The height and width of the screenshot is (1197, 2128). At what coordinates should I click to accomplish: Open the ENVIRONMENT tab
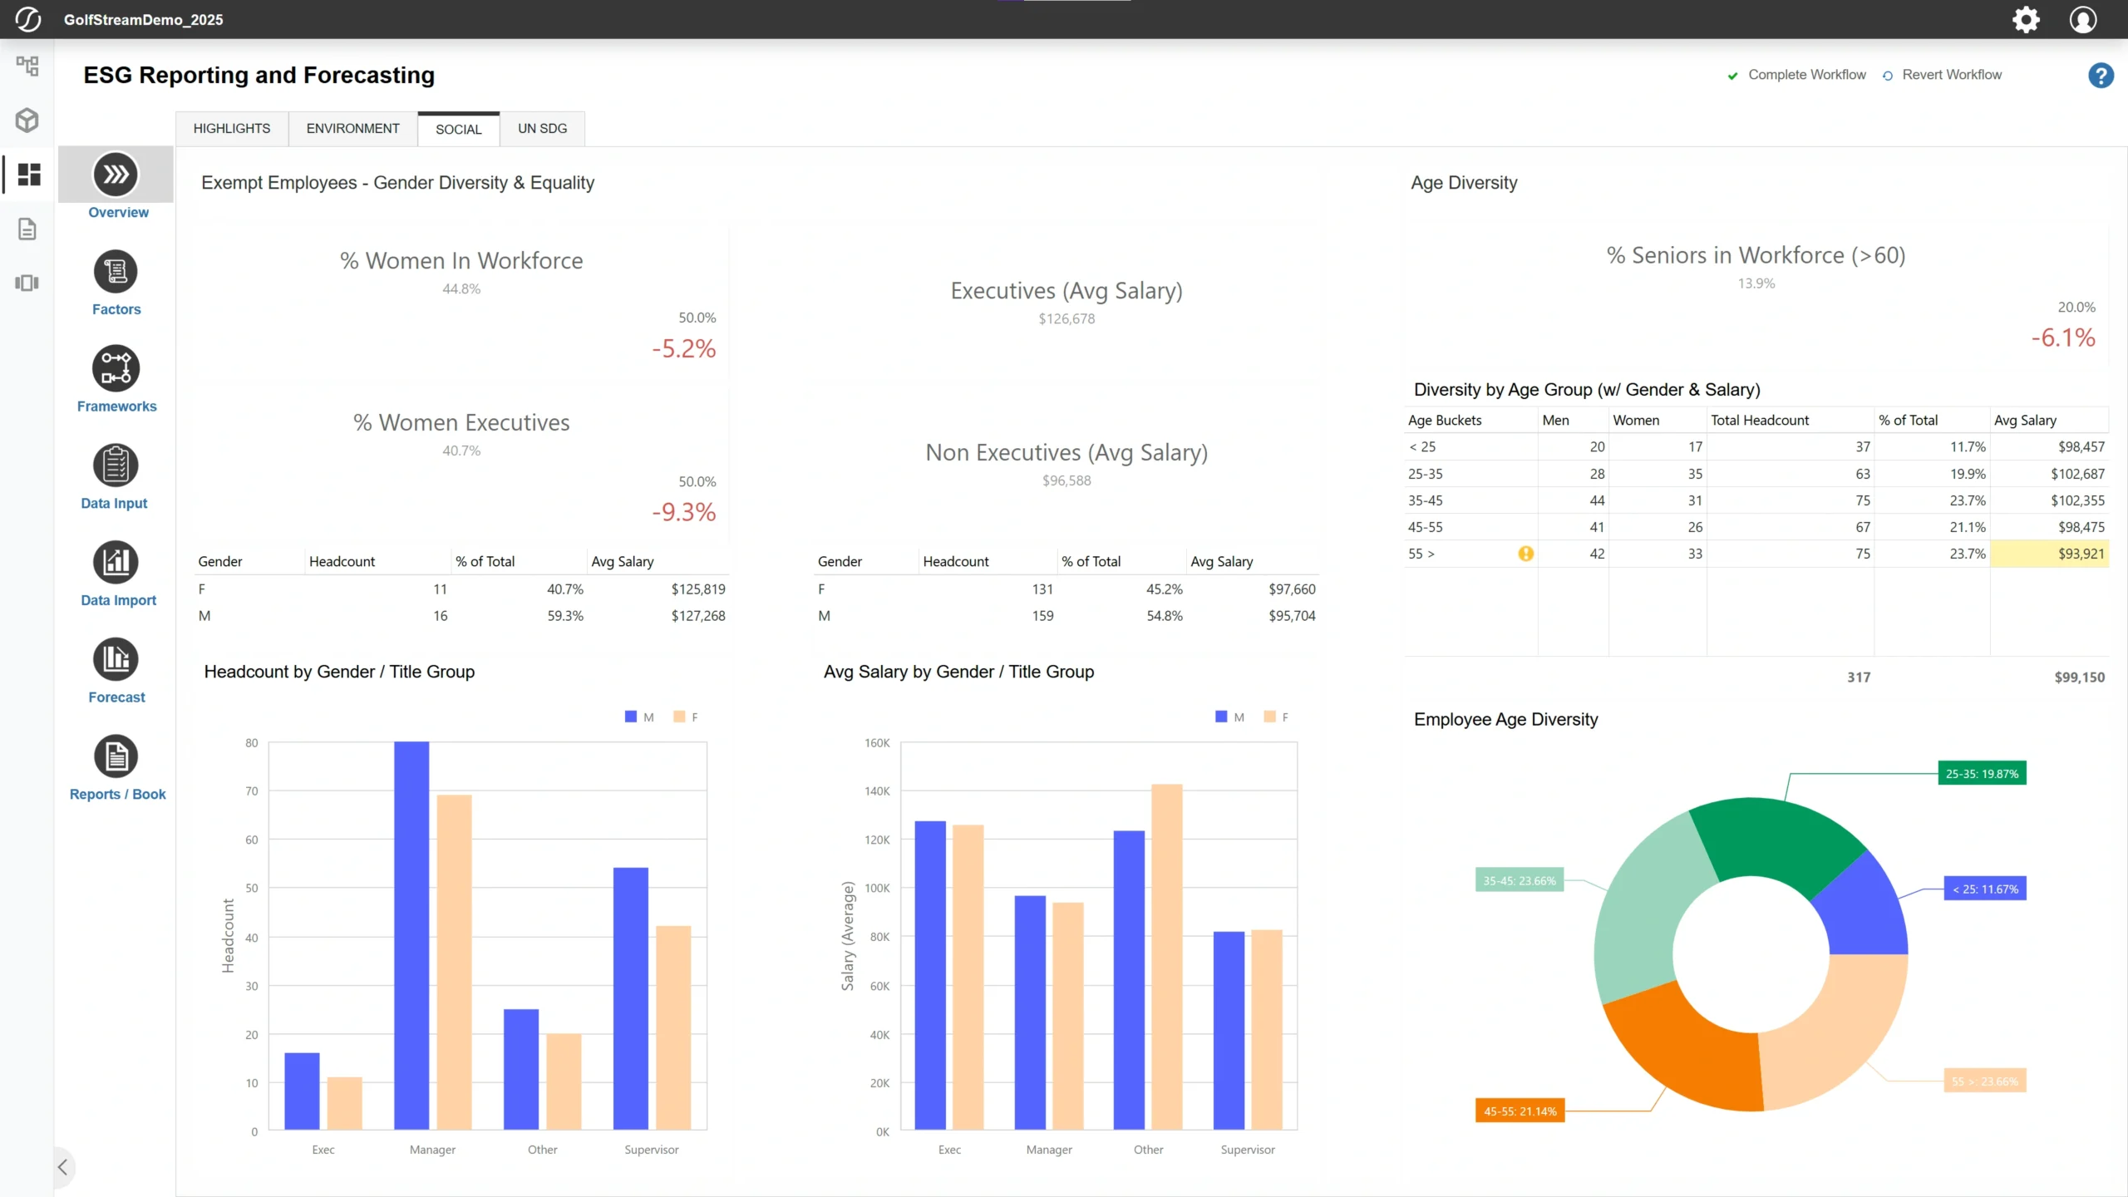pyautogui.click(x=352, y=129)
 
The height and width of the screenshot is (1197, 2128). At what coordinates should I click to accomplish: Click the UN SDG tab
pyautogui.click(x=542, y=129)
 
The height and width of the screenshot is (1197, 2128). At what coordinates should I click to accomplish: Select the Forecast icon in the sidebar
pyautogui.click(x=116, y=660)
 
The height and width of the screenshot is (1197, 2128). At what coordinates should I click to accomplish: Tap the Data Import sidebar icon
pyautogui.click(x=116, y=563)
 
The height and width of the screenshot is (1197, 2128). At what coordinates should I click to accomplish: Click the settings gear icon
pyautogui.click(x=2026, y=19)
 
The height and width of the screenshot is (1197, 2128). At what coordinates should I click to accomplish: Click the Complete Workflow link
pyautogui.click(x=1806, y=75)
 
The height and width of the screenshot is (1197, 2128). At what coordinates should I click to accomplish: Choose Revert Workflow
pyautogui.click(x=1951, y=75)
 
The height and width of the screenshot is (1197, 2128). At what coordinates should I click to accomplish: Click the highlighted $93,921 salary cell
pyautogui.click(x=2050, y=554)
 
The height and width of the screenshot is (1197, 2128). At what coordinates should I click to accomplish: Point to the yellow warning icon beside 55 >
pyautogui.click(x=1525, y=554)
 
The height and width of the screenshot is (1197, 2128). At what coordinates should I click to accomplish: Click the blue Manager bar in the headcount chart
pyautogui.click(x=411, y=935)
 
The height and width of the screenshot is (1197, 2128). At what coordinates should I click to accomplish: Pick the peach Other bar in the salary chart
pyautogui.click(x=1166, y=956)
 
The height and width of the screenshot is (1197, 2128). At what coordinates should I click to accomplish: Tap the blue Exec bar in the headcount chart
pyautogui.click(x=302, y=1091)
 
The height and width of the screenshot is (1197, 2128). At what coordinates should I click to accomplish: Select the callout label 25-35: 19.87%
pyautogui.click(x=1982, y=774)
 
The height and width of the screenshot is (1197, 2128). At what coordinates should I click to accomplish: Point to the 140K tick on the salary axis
pyautogui.click(x=877, y=791)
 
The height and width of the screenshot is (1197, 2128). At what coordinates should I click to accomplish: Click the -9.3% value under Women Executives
pyautogui.click(x=683, y=512)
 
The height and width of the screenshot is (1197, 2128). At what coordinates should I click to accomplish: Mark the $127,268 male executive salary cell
pyautogui.click(x=698, y=616)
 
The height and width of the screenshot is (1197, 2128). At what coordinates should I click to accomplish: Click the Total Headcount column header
pyautogui.click(x=1759, y=421)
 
